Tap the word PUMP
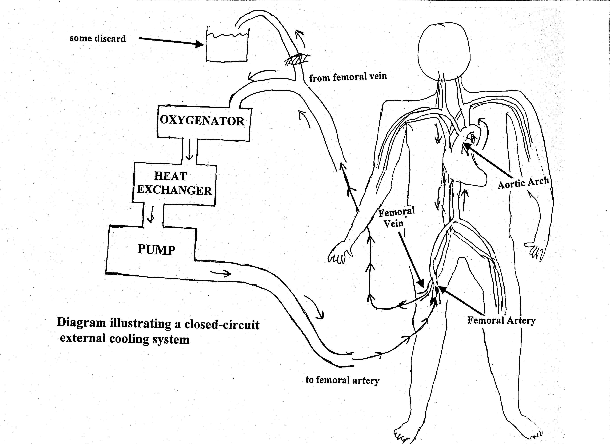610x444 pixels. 156,249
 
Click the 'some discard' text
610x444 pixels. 98,38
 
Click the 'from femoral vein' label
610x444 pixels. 348,77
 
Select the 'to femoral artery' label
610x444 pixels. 342,380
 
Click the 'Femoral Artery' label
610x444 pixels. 501,320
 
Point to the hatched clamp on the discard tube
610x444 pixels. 297,60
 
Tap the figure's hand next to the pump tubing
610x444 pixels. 339,253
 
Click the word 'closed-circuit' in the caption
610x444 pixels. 222,324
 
